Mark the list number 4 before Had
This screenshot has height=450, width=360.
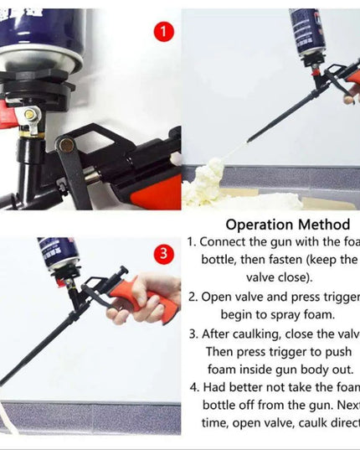tap(193, 388)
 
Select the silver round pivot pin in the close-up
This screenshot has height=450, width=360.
tap(64, 146)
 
